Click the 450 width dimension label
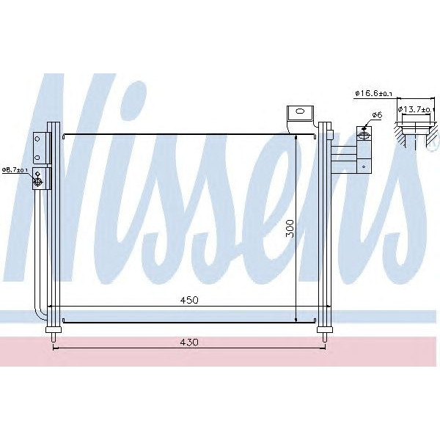pyautogui.click(x=188, y=300)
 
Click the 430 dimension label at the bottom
pyautogui.click(x=188, y=342)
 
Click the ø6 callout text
pyautogui.click(x=376, y=115)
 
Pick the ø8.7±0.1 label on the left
pyautogui.click(x=15, y=169)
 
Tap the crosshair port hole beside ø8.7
pyautogui.click(x=37, y=178)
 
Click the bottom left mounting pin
pyautogui.click(x=53, y=337)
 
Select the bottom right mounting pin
pyautogui.click(x=323, y=337)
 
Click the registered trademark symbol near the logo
pyautogui.click(x=423, y=148)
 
